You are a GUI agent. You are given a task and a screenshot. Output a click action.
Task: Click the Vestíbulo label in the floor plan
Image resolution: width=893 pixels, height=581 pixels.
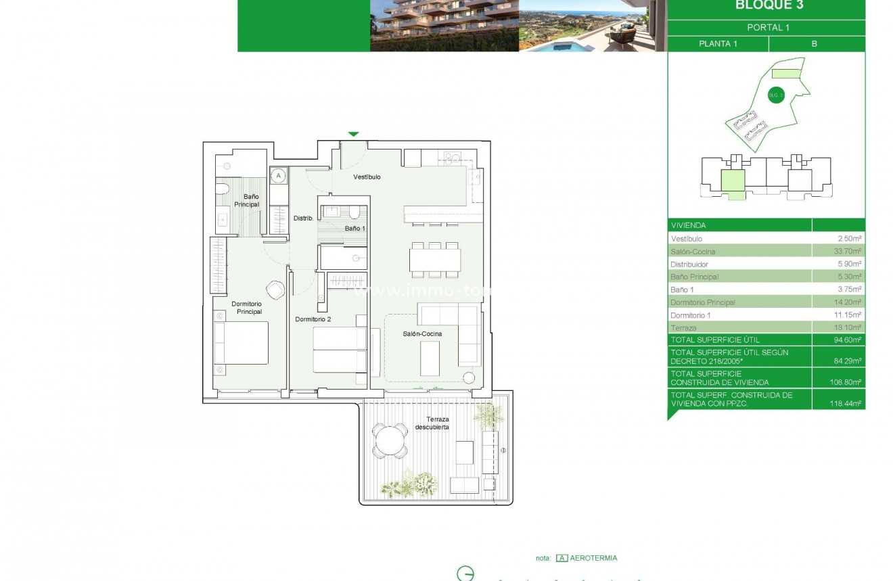coord(367,177)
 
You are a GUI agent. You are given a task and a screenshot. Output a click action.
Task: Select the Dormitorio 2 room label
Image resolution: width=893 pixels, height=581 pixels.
coord(313,319)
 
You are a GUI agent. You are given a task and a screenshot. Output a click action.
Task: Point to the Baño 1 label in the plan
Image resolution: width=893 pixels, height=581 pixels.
coord(354,229)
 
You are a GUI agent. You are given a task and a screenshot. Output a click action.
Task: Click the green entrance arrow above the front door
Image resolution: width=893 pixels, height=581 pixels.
coord(353,134)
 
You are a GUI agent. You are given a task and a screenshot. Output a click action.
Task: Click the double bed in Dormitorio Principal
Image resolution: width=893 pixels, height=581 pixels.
coord(241,343)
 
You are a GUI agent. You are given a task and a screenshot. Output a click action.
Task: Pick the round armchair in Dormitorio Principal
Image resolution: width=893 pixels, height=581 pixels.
coord(275,289)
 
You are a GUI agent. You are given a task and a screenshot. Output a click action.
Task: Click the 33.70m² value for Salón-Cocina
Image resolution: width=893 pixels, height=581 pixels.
coord(848,252)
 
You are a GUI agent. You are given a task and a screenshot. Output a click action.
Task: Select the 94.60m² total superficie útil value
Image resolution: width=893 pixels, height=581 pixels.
coord(848,340)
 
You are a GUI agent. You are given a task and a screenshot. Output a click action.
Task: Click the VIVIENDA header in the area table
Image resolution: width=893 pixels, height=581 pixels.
coord(688,225)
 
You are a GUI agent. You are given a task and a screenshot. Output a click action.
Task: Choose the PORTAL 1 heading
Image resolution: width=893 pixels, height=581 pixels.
coord(768,28)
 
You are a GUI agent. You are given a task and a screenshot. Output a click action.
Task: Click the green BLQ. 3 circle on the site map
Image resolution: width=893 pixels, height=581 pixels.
coord(775,95)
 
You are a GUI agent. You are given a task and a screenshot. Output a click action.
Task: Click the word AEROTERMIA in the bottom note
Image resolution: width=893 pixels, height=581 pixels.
coord(593,558)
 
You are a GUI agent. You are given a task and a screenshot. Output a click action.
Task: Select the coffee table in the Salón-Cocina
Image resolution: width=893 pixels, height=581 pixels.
coord(430,358)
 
